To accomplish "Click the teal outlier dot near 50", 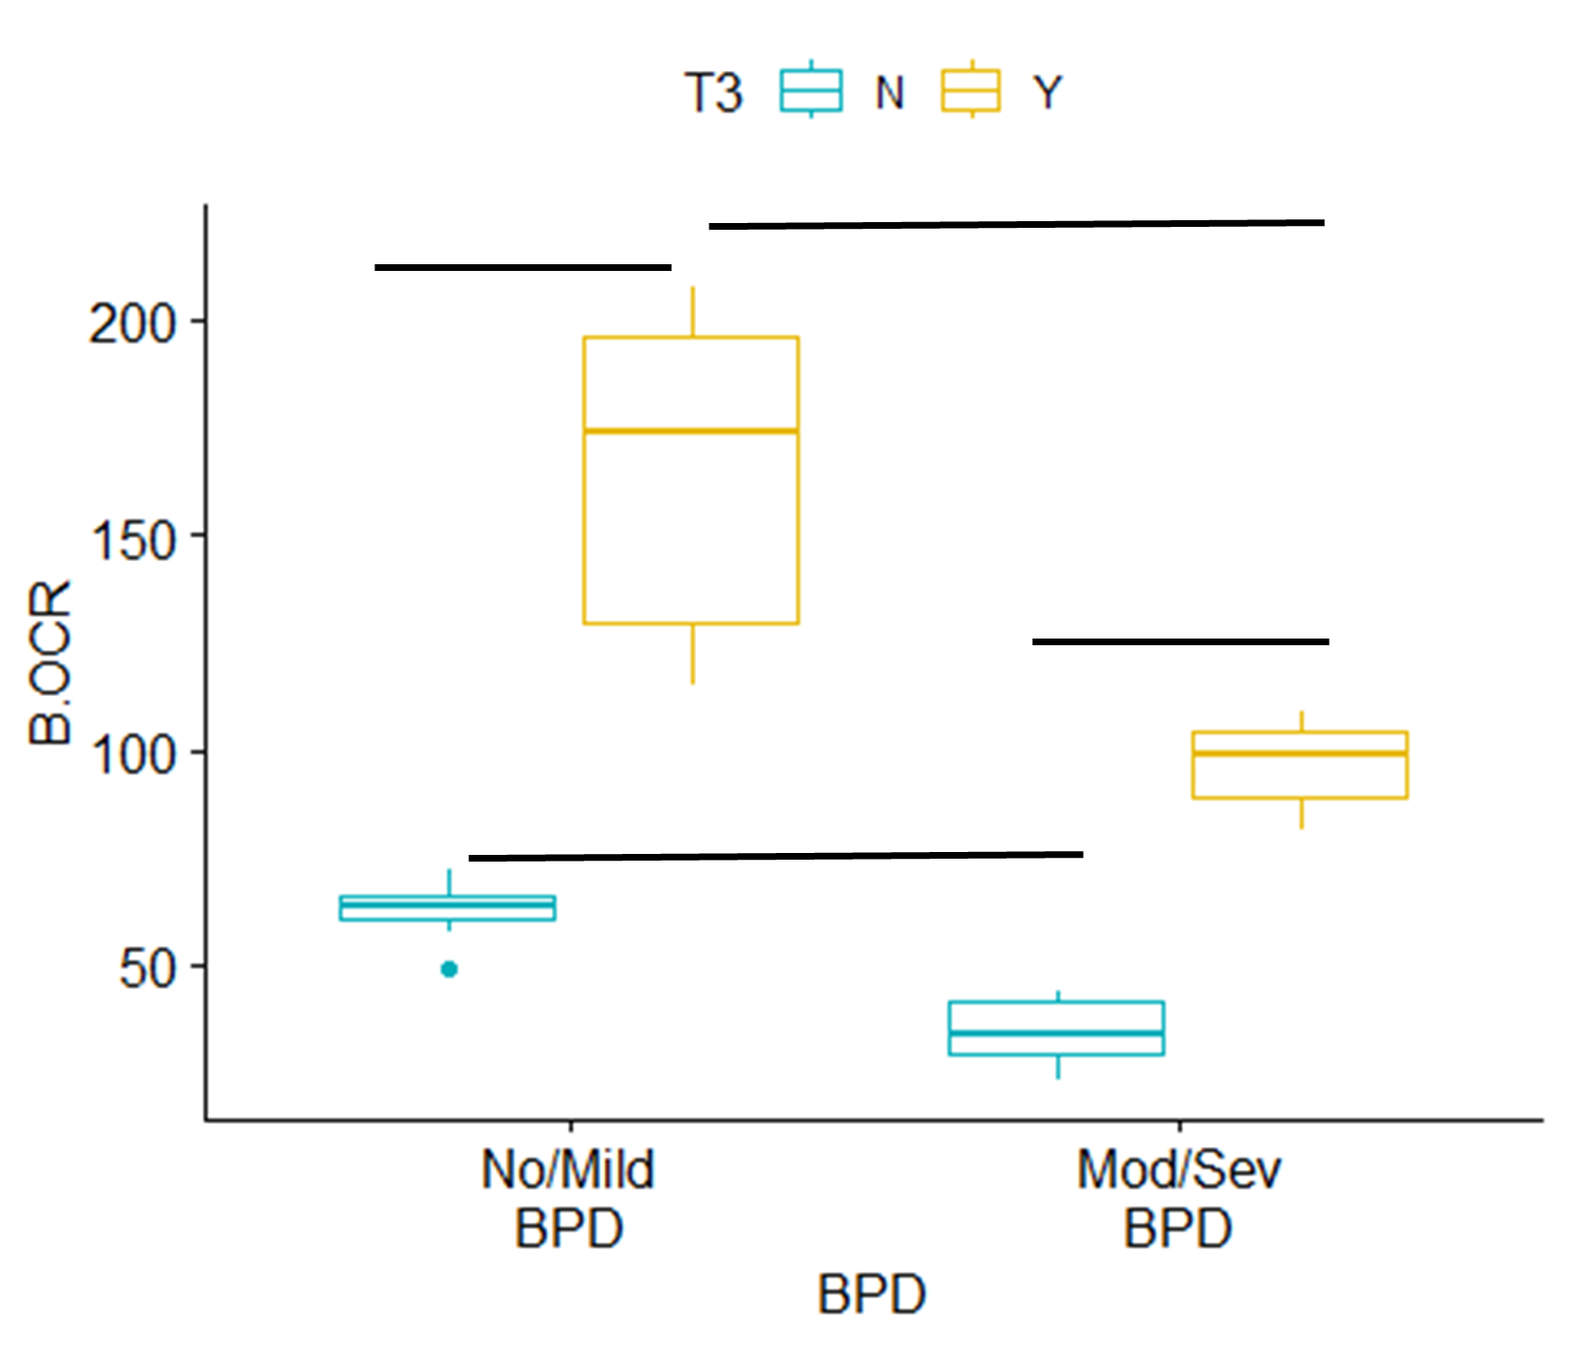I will click(449, 970).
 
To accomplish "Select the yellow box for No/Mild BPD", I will click(691, 527).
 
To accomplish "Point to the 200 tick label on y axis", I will click(133, 324).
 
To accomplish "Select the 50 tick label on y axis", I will click(148, 970).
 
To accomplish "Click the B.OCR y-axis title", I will click(50, 662).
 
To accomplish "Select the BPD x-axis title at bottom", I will click(871, 1295).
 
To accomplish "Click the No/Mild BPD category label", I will click(569, 1199).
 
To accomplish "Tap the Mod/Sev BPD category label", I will click(1178, 1199).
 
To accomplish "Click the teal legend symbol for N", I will click(811, 92).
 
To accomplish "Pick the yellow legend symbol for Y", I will click(972, 92).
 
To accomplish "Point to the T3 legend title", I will click(713, 94).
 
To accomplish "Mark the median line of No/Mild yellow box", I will click(691, 431).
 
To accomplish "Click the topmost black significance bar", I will click(1016, 224).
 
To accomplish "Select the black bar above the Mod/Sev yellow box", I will click(1180, 641).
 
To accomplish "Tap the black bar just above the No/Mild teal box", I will click(775, 857).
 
